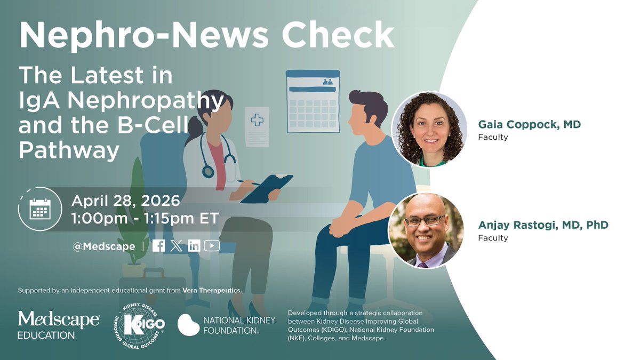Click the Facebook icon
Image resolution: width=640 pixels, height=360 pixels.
[158, 246]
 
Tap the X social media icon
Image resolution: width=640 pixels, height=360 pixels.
[177, 246]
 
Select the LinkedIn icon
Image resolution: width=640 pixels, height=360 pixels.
[194, 246]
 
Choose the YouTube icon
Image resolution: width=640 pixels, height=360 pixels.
[212, 246]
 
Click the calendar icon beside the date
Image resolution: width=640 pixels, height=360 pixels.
[39, 209]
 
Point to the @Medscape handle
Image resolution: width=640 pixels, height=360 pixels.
[103, 246]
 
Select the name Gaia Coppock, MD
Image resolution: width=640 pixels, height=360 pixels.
[529, 125]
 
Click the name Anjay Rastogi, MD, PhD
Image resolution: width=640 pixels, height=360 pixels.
[543, 225]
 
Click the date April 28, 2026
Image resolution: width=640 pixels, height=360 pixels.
[126, 202]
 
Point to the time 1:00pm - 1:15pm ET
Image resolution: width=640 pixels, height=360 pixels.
[145, 219]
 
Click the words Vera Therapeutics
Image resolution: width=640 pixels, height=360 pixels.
[212, 290]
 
